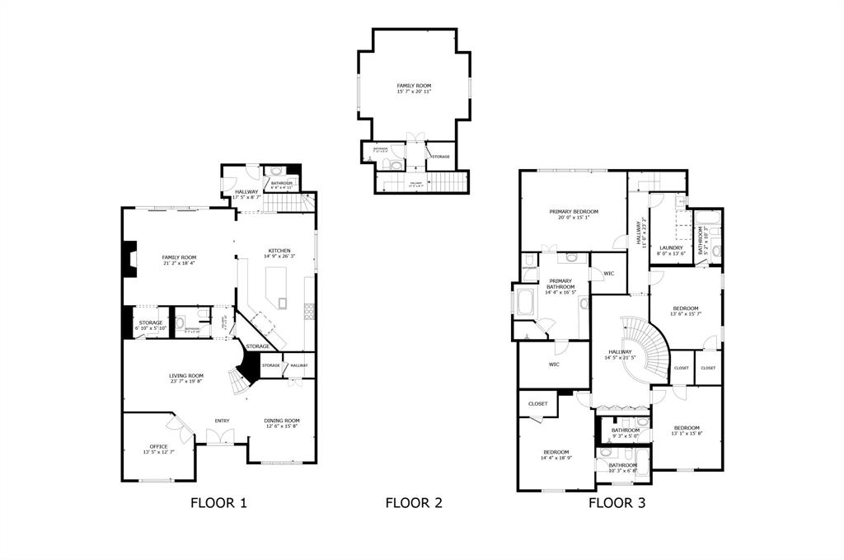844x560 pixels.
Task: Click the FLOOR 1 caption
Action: [218, 502]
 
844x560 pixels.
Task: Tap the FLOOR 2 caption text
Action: [414, 502]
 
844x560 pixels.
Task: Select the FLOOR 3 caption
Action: [616, 502]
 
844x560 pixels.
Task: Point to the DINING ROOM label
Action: [282, 421]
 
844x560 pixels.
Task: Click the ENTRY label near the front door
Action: [222, 421]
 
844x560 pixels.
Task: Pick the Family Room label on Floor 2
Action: [414, 86]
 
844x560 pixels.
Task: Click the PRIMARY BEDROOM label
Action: [574, 212]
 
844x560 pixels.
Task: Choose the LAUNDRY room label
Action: [671, 247]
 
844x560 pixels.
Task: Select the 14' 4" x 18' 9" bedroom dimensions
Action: [557, 458]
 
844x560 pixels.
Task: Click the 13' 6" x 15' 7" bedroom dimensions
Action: [685, 313]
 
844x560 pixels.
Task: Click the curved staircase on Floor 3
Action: [647, 351]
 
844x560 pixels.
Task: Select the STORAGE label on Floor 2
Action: [441, 156]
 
